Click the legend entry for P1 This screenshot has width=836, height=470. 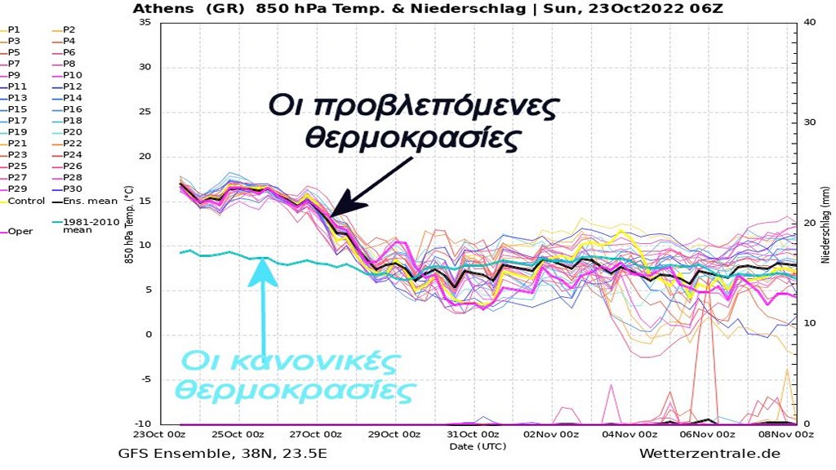point(15,29)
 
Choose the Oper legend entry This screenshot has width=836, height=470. point(20,231)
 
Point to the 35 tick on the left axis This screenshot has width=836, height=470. point(145,22)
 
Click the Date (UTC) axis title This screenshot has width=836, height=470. point(477,446)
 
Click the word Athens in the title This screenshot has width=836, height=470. point(162,9)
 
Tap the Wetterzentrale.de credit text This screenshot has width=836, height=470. point(709,454)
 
